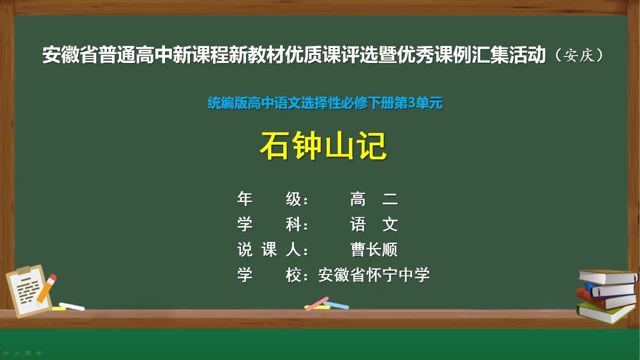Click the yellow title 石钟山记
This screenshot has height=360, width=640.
(323, 146)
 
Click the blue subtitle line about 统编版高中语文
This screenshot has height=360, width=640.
(325, 103)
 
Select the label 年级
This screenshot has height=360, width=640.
(272, 199)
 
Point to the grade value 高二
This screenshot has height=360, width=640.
(374, 199)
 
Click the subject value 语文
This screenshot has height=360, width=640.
(374, 224)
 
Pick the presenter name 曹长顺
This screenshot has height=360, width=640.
(374, 249)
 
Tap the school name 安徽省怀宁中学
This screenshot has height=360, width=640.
(374, 274)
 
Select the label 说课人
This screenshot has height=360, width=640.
(272, 249)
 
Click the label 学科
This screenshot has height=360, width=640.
(272, 224)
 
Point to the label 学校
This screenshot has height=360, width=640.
(272, 274)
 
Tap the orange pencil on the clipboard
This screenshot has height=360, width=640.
(46, 288)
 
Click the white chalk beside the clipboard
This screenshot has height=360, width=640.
(71, 306)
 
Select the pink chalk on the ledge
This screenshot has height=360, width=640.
(316, 303)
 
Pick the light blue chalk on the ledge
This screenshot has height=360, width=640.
(336, 304)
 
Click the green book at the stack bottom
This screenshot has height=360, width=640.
(605, 312)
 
